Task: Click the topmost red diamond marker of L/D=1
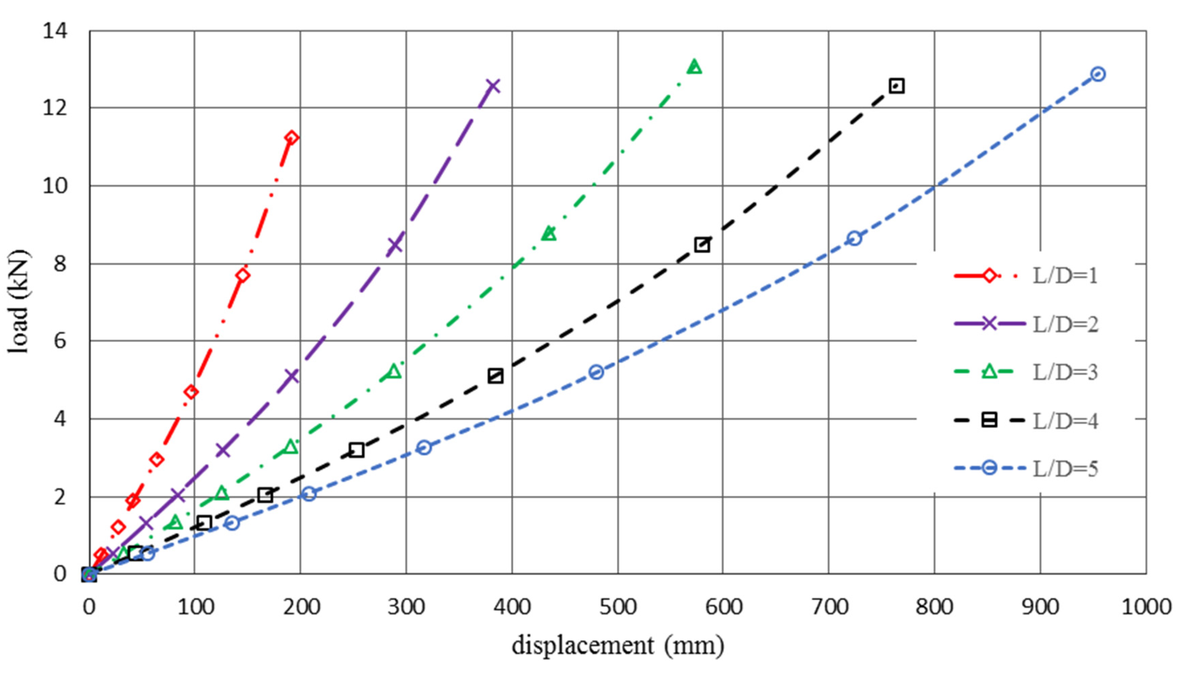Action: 292,138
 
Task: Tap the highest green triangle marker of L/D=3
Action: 694,67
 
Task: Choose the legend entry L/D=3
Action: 1065,372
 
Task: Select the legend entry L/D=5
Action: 1065,469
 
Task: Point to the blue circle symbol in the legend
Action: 989,468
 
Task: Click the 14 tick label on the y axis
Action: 55,31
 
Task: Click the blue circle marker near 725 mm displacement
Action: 854,239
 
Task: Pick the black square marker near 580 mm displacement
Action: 702,245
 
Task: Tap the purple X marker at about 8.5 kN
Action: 395,245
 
